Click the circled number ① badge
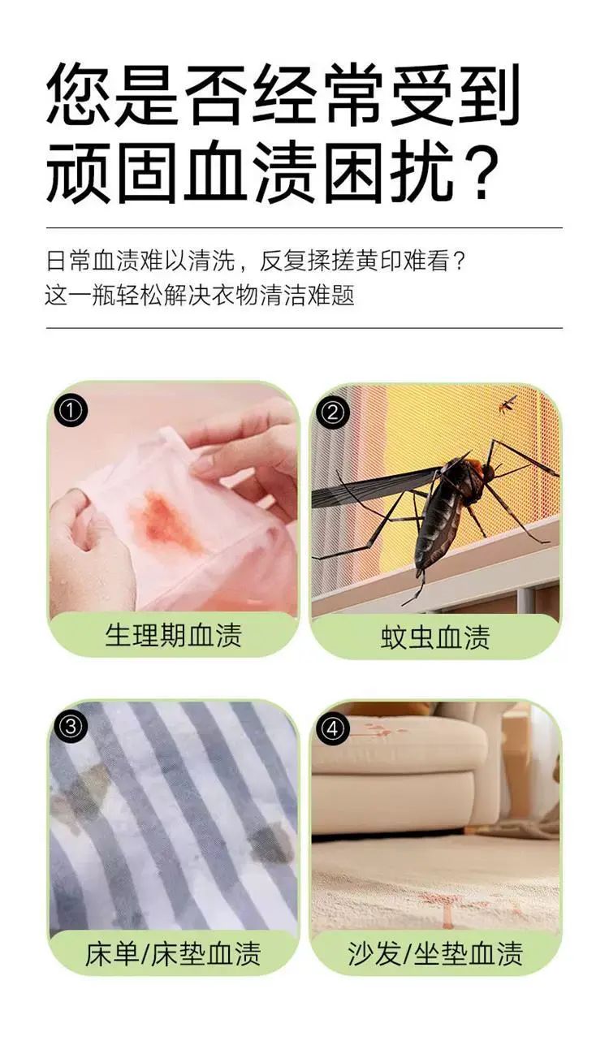(70, 411)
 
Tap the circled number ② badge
(332, 413)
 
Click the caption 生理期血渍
(174, 635)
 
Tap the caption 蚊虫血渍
(435, 637)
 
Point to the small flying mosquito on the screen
(508, 404)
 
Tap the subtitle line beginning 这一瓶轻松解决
(200, 295)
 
